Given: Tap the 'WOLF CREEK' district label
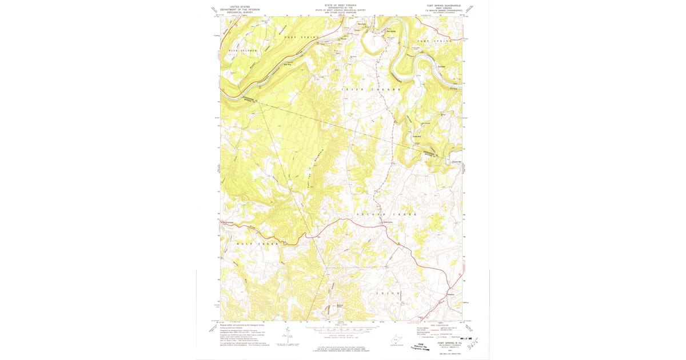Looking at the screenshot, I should [x=258, y=244].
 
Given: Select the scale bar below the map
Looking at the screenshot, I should [x=342, y=330].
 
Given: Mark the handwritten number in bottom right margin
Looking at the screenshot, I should [x=472, y=345].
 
